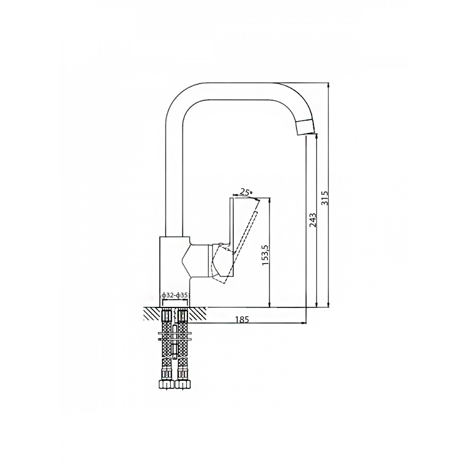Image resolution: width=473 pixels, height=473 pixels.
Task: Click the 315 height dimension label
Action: click(x=325, y=197)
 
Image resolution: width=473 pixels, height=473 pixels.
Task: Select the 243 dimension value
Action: click(x=312, y=220)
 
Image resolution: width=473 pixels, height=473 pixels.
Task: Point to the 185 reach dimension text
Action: click(x=243, y=319)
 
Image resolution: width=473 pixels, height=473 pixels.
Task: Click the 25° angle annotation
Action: click(x=245, y=191)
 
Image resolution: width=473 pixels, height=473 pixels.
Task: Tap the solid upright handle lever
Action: click(x=232, y=237)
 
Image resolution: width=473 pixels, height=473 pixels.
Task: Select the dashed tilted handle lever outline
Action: click(x=238, y=241)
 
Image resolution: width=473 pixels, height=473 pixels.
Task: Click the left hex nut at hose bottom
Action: click(x=166, y=384)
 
